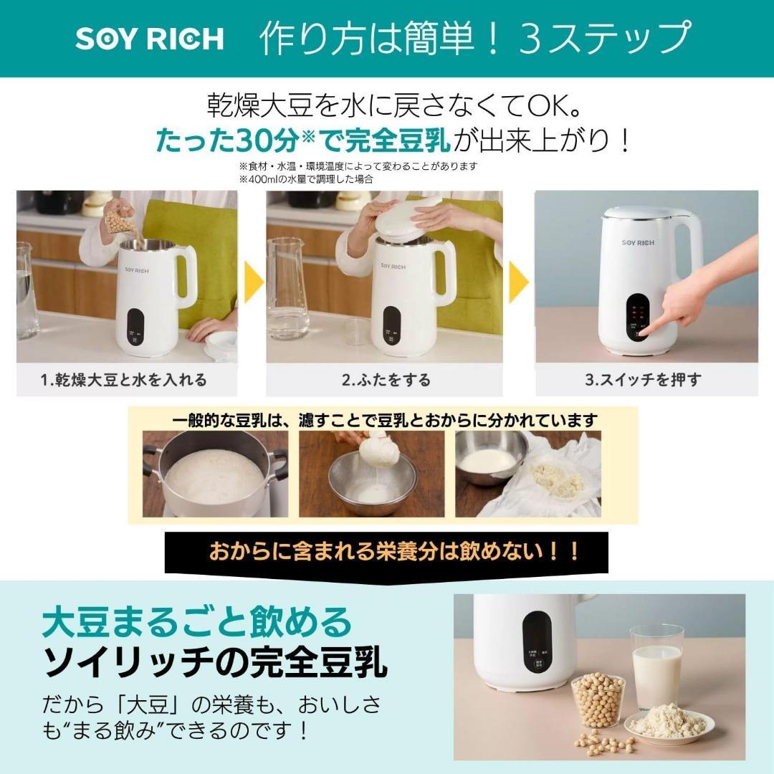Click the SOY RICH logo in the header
click(149, 39)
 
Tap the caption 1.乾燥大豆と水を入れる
click(123, 380)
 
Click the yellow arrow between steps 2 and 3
click(518, 282)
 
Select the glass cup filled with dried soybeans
click(598, 699)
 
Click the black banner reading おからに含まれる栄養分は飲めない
click(387, 551)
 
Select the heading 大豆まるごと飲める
click(198, 621)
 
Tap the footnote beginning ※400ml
click(306, 179)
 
